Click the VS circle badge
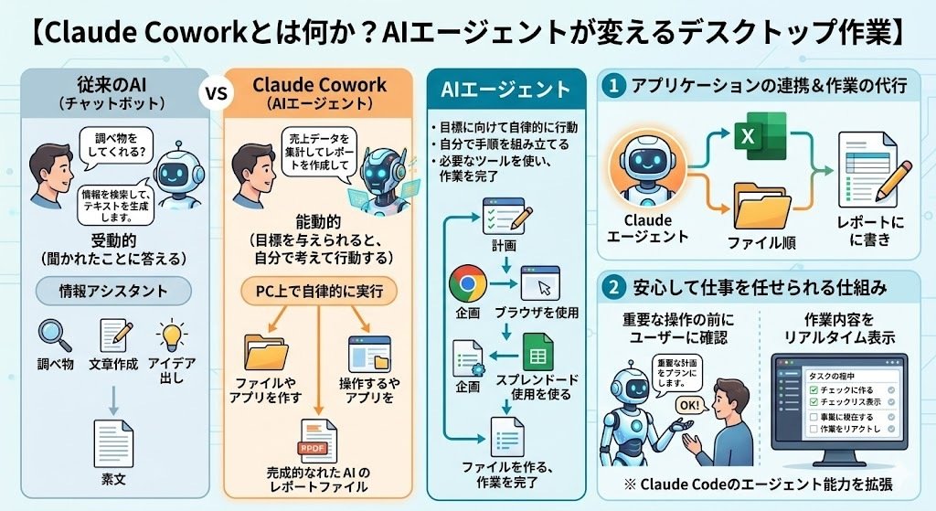216,94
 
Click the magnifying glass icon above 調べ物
54,335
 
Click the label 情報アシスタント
112,293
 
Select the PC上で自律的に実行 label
319,293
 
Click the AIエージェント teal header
505,90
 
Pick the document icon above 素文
112,440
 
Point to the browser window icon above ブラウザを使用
539,283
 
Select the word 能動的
319,221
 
